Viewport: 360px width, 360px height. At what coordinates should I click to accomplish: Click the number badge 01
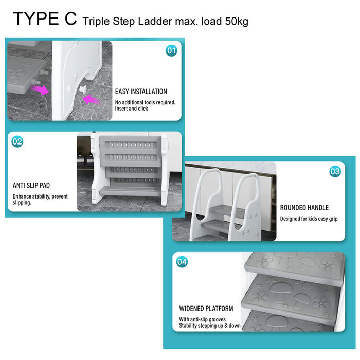coord(171,51)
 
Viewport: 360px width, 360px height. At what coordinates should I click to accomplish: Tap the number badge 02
coord(17,141)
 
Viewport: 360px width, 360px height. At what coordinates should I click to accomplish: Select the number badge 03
coord(335,171)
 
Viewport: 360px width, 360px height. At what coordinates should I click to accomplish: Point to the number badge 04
coord(182,262)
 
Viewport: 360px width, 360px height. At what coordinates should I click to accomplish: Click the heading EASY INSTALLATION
coord(141,92)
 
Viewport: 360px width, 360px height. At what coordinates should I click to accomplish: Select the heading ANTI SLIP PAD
coord(31,185)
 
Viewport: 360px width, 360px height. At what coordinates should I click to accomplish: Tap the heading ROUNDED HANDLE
coord(304,208)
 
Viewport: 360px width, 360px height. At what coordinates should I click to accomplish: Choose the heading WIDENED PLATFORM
coord(206,309)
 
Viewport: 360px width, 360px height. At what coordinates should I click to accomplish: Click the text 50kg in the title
coord(237,22)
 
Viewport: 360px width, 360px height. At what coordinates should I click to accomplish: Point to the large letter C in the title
coord(70,19)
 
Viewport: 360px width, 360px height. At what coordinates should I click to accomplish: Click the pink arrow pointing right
coord(40,89)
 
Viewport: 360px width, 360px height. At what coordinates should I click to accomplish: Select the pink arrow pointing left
coord(91,100)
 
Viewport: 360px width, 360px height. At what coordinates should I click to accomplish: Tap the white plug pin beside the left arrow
coord(83,89)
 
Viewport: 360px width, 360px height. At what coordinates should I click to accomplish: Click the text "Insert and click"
coord(131,109)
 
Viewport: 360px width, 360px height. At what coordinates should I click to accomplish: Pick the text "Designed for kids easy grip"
coord(309,219)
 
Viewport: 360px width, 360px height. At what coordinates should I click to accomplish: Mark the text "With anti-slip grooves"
coord(202,319)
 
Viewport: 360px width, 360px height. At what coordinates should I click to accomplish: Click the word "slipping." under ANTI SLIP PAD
coord(22,203)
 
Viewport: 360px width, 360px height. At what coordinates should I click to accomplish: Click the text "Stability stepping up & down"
coord(210,326)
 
